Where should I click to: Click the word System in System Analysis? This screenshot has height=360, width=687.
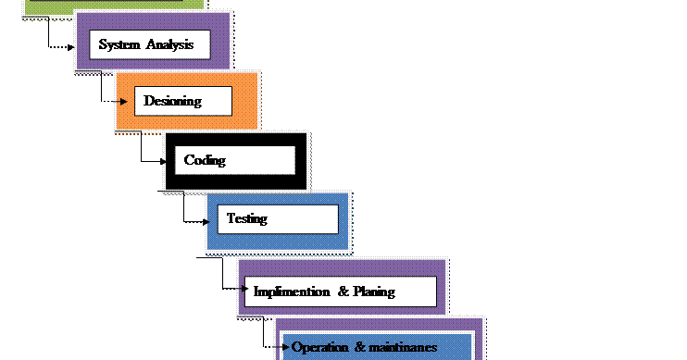[x=119, y=44]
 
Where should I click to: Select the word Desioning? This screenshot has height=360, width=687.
[x=172, y=101]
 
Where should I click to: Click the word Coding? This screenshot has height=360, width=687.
[x=205, y=160]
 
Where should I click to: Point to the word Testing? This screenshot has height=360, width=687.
[x=246, y=219]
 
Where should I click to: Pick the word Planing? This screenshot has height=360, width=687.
[x=374, y=292]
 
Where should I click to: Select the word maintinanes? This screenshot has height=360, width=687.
[x=402, y=348]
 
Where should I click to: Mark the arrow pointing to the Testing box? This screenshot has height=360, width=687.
[x=210, y=220]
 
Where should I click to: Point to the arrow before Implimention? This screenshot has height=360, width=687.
[x=245, y=291]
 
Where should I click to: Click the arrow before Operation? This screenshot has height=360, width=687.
[x=284, y=348]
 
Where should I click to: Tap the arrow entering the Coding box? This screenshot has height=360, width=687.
[x=169, y=160]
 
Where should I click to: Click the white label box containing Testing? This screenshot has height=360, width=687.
[x=278, y=219]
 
